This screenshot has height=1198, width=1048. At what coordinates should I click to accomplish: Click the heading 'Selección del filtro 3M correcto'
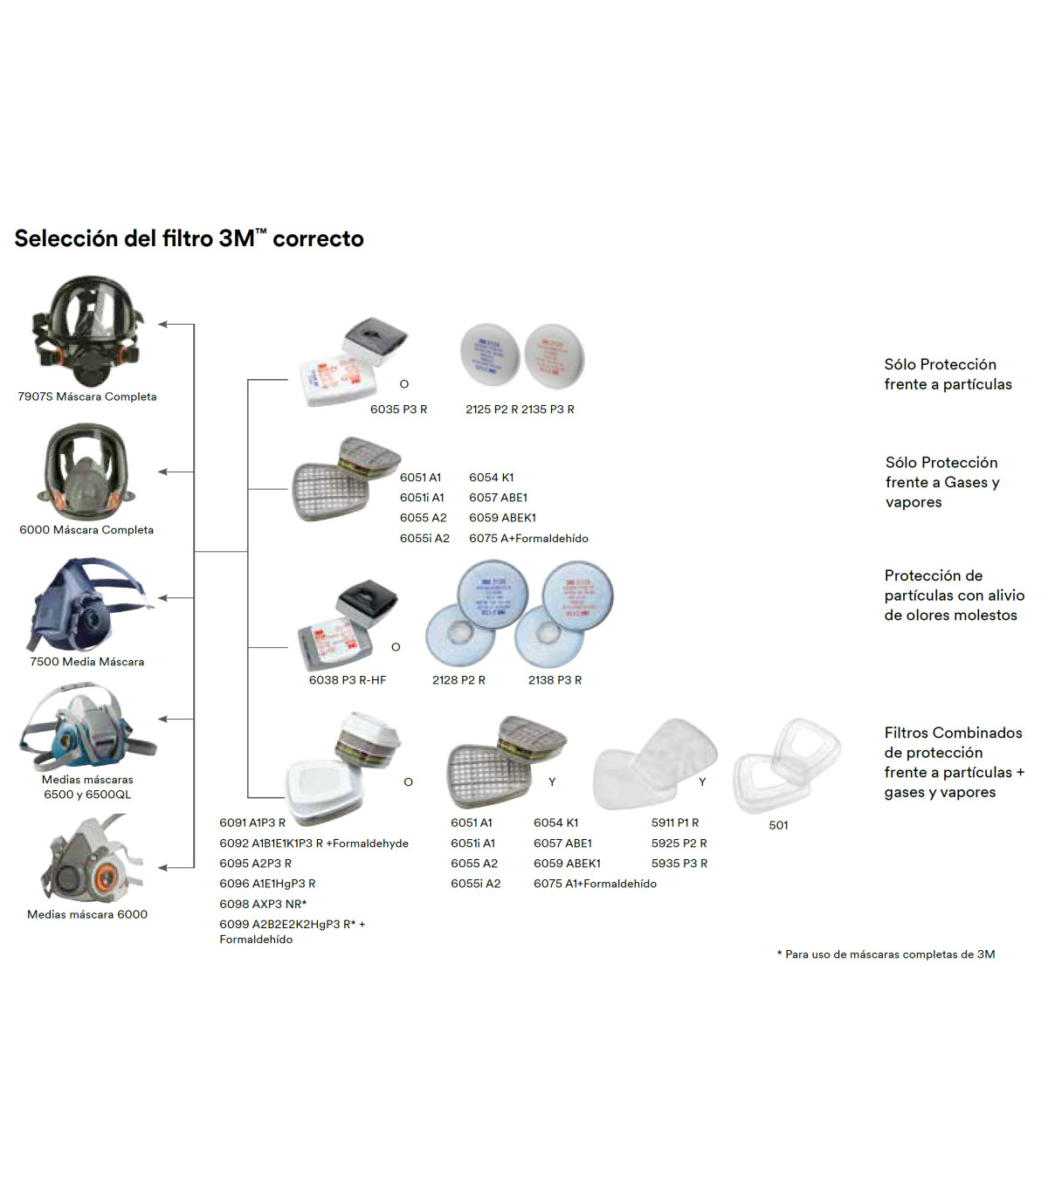[x=189, y=238]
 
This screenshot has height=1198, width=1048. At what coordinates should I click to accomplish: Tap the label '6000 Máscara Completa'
[x=86, y=530]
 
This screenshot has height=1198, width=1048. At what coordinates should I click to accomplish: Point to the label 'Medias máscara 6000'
[x=87, y=914]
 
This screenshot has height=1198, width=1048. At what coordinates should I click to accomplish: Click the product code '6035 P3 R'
[x=398, y=410]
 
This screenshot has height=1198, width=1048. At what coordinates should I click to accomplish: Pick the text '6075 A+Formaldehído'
[x=528, y=539]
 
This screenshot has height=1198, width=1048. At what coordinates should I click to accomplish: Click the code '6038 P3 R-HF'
[x=347, y=680]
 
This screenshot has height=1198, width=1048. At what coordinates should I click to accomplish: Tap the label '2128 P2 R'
[x=458, y=680]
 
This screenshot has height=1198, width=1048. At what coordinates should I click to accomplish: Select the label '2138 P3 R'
[x=555, y=680]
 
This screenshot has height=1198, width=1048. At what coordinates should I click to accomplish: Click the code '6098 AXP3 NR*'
[x=263, y=905]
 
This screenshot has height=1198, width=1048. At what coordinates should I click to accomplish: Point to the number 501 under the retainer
[x=778, y=825]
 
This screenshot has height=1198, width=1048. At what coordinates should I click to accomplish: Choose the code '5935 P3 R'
[x=679, y=864]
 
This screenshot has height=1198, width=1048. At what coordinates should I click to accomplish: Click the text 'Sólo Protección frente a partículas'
[x=948, y=375]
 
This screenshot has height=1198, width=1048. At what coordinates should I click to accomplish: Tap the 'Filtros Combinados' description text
[x=953, y=762]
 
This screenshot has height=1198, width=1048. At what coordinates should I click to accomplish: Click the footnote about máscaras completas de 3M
[x=886, y=954]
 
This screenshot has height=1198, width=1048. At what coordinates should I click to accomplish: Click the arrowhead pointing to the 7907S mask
[x=163, y=325]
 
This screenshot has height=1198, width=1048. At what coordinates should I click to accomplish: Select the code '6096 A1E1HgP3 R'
[x=267, y=884]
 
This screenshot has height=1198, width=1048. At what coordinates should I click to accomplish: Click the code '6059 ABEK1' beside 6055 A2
[x=502, y=518]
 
